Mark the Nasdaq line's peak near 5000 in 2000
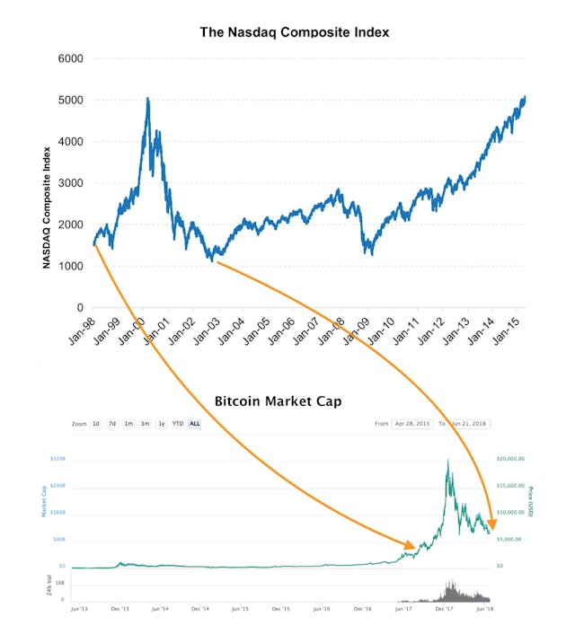pos(147,99)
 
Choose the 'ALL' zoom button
pos(194,424)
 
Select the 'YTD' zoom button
pos(177,424)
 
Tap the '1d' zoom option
pos(96,424)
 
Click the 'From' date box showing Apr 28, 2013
pos(412,424)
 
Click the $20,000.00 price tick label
pos(511,459)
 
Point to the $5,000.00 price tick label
pos(510,540)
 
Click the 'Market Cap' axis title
pos(42,503)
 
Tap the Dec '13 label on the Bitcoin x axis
pos(119,608)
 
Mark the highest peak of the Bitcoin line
pos(447,460)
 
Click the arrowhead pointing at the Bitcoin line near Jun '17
pos(410,545)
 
